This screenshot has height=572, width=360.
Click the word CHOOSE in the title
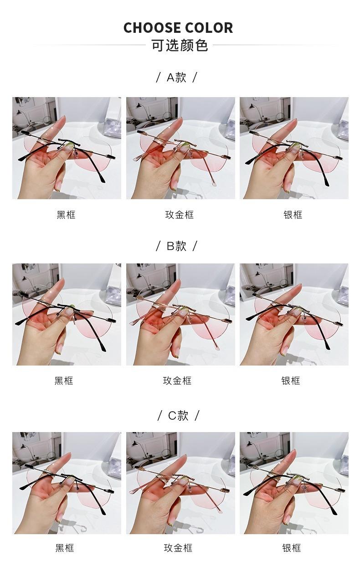152,28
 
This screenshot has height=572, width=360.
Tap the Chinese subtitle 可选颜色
180,46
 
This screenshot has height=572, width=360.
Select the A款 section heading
176,77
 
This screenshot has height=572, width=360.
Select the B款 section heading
176,246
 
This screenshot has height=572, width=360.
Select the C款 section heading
178,415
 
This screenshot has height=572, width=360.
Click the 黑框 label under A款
66,215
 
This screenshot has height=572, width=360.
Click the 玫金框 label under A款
180,215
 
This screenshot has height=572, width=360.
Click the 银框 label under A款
293,215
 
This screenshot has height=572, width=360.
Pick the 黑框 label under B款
64,381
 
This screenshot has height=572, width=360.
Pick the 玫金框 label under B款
177,381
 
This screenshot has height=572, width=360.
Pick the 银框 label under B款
291,381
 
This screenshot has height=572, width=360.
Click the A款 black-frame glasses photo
67,148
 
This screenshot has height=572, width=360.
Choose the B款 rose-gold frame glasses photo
180,314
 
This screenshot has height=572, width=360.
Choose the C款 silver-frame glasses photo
294,483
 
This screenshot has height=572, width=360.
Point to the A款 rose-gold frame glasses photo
180,148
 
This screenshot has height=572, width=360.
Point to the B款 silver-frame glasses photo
294,314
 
